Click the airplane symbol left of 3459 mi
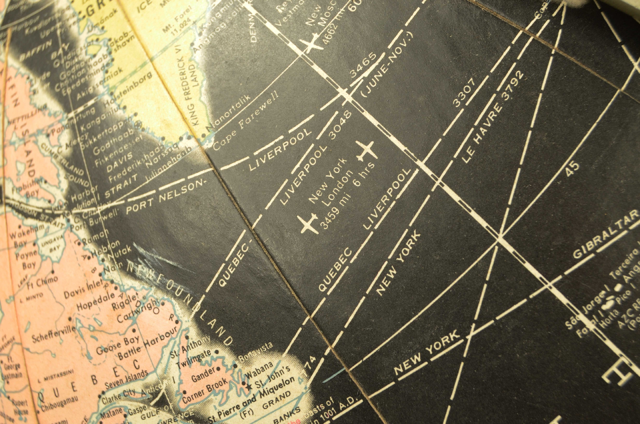coord(309,223)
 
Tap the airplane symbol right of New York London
coord(365,151)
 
